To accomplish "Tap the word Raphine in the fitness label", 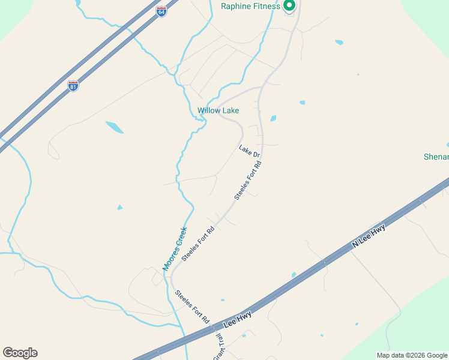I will (x=237, y=7).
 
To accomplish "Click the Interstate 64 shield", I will (x=161, y=11).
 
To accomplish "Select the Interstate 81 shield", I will (x=73, y=86).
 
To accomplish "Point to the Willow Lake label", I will (x=218, y=110).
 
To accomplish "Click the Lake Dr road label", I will (x=249, y=151).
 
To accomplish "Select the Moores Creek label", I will (x=175, y=248).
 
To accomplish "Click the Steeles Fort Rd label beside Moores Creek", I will (x=198, y=243).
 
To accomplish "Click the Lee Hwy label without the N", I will (x=237, y=319).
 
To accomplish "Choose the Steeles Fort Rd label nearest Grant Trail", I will (x=192, y=307).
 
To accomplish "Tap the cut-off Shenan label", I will (x=436, y=157).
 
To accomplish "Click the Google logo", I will (x=20, y=353).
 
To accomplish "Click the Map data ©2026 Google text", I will (x=412, y=355).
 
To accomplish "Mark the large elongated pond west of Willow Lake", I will (x=114, y=127).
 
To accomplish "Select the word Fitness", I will (x=267, y=7).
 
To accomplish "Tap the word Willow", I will (x=209, y=110).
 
